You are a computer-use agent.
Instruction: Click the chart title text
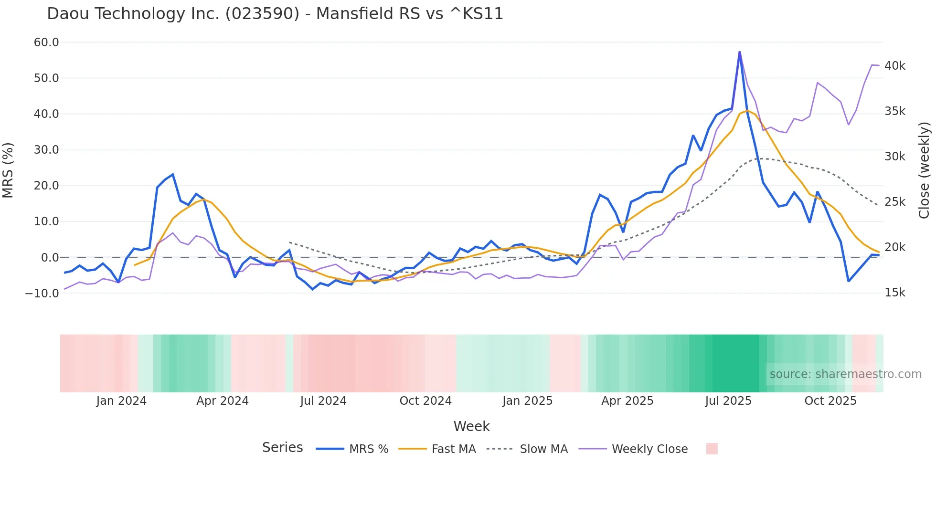click(275, 14)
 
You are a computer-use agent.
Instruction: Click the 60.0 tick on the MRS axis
click(46, 42)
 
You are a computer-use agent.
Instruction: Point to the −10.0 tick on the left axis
click(42, 293)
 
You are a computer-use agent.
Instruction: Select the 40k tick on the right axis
click(894, 66)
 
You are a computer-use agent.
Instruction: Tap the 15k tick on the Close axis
click(894, 293)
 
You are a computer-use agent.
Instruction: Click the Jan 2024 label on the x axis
click(121, 401)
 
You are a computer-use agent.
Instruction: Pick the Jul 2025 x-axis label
click(728, 401)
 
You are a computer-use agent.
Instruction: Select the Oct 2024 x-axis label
click(425, 401)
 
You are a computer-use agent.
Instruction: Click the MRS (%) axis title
click(8, 170)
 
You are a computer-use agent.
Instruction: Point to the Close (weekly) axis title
click(925, 170)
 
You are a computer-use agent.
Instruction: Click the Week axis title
click(471, 426)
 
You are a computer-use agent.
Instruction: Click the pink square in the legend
click(712, 449)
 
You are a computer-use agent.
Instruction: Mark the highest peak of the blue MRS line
click(739, 52)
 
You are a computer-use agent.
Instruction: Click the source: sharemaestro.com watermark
click(845, 374)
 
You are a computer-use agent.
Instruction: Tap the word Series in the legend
click(282, 448)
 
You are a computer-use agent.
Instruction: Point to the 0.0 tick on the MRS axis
click(50, 258)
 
